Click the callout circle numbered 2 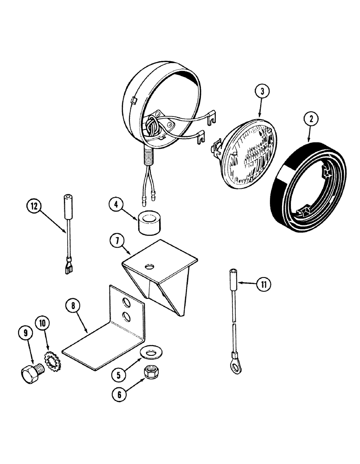tap(311, 118)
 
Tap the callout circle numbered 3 tap(262, 91)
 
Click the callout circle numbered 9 tap(25, 332)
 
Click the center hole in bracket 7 tap(149, 266)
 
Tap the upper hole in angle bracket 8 tap(127, 303)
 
